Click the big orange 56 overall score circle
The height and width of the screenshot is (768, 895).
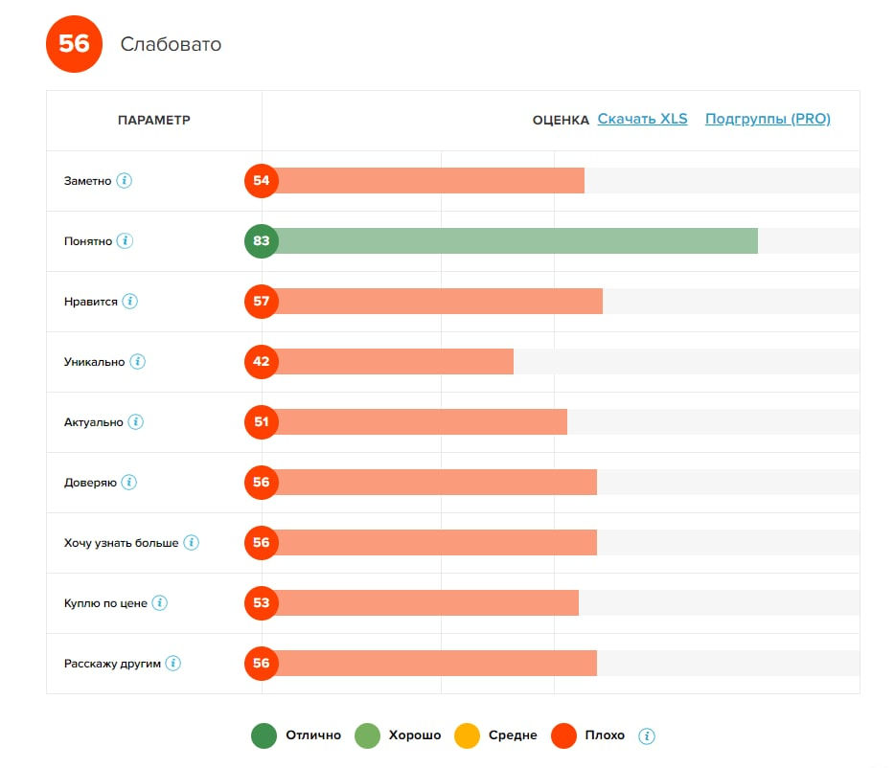[74, 44]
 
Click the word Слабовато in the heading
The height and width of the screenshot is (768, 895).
[171, 45]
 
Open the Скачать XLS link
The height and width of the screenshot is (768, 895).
[642, 120]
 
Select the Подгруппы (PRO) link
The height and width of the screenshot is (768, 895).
[768, 120]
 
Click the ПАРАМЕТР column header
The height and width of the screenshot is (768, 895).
[153, 121]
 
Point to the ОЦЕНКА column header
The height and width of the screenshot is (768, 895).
[561, 121]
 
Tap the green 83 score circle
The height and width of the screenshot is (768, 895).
[262, 241]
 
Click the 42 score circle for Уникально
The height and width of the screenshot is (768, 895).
[262, 362]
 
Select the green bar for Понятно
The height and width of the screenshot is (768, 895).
[517, 241]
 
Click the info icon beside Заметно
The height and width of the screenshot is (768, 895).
[124, 180]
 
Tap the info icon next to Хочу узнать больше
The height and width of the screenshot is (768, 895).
[192, 542]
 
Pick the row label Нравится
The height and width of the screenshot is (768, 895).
[91, 302]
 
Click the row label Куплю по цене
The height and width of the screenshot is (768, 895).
[105, 603]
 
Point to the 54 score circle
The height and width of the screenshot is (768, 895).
[262, 181]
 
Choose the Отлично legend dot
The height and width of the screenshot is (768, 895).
[264, 735]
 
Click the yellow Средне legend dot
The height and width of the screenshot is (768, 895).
[467, 735]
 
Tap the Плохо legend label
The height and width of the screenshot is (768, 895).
[604, 735]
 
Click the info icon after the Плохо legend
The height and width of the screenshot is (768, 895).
[647, 735]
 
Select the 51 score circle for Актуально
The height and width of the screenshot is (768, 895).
[262, 422]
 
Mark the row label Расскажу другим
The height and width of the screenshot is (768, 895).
[112, 664]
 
